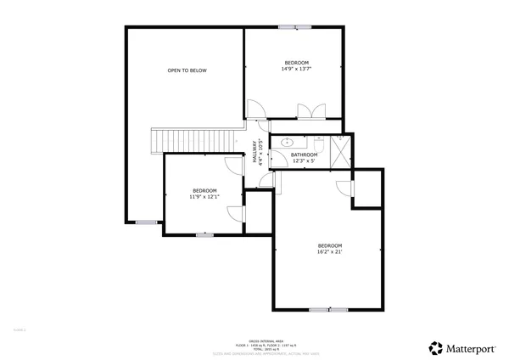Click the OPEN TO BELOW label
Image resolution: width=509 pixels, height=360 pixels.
[187, 70]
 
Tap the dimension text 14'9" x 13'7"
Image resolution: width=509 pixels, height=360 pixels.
[296, 70]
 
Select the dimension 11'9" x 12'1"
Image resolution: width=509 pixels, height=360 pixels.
[204, 196]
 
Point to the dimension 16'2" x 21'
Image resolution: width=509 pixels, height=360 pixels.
[329, 251]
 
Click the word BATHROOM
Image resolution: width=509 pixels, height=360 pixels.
[304, 155]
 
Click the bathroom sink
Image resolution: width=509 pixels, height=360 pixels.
[287, 143]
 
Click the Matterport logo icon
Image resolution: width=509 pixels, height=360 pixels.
[435, 347]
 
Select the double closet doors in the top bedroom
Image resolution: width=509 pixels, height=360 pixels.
[309, 111]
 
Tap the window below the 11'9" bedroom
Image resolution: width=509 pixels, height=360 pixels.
[204, 233]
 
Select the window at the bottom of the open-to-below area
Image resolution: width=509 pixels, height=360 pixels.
[147, 222]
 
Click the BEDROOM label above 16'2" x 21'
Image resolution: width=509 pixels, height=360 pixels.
[329, 244]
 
